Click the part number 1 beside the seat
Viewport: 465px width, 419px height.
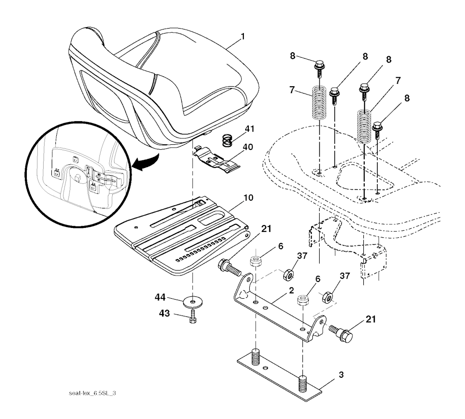[243, 37]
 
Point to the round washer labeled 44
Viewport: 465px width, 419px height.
[193, 302]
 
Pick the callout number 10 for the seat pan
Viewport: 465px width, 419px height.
[248, 197]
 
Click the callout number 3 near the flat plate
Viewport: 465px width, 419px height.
[341, 375]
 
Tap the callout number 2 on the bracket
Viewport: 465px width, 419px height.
[291, 291]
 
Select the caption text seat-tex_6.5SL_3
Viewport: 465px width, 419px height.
[92, 393]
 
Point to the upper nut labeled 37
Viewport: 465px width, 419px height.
[288, 275]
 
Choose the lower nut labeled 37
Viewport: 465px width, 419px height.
[327, 297]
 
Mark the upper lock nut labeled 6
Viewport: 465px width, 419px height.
[255, 261]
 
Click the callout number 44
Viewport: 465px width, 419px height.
[160, 297]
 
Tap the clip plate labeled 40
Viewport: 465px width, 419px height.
[217, 159]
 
